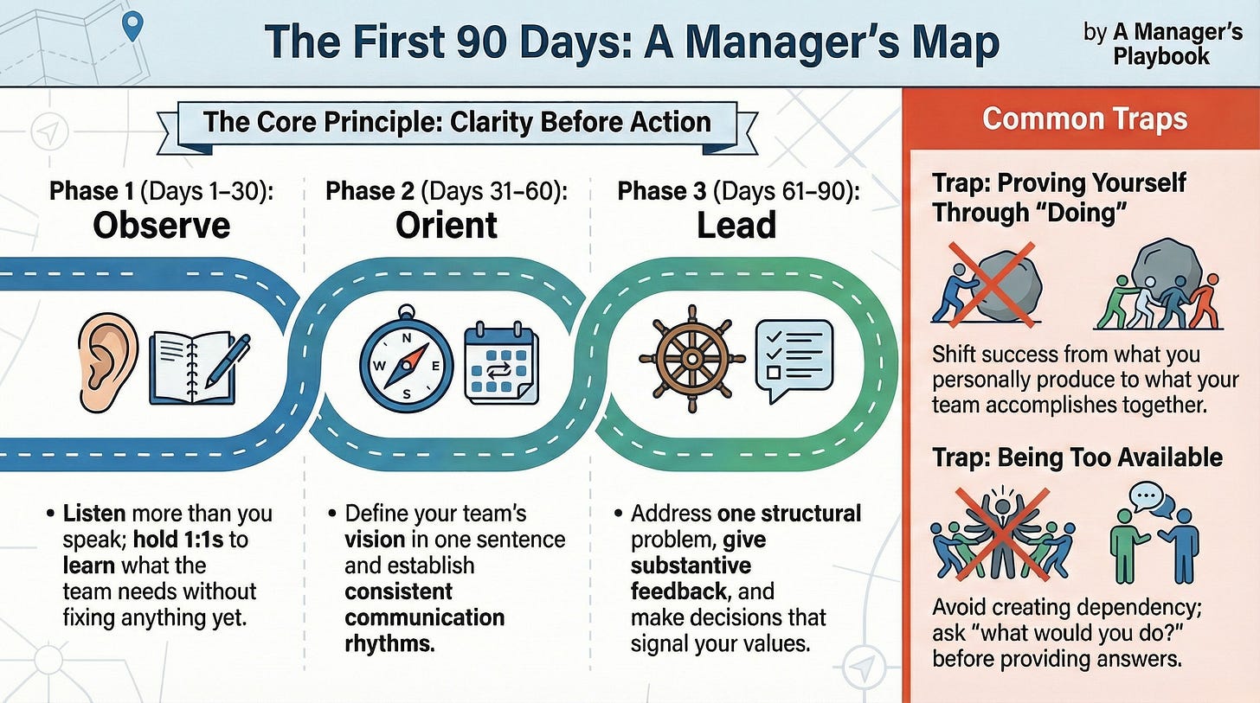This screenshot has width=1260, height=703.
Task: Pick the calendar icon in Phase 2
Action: point(501,364)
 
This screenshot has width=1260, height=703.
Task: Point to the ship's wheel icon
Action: point(691,356)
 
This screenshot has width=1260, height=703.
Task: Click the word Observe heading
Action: point(162,225)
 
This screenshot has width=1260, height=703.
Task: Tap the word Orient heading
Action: point(447,225)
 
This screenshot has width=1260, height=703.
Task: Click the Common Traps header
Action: point(1085,118)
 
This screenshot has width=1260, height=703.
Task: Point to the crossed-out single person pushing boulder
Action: point(987,284)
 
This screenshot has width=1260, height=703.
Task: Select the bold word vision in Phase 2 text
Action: point(376,540)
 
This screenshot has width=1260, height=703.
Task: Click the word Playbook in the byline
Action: point(1160,57)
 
